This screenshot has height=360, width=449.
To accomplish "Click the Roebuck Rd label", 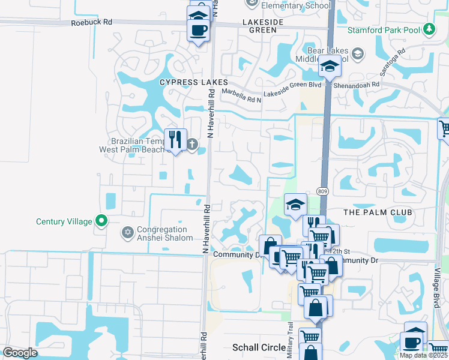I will [92, 22].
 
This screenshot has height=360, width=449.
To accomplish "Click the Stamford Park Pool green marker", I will [429, 29].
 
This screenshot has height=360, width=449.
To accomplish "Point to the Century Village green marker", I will [101, 221].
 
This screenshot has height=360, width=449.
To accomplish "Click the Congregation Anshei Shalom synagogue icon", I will [127, 232].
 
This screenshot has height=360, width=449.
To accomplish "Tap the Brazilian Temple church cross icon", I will [193, 144].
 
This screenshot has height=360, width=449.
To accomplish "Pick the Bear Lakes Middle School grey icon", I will [357, 55].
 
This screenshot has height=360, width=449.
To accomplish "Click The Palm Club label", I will [378, 212].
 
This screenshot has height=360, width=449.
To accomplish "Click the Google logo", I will [20, 353].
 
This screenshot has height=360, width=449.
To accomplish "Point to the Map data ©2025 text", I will [423, 355].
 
